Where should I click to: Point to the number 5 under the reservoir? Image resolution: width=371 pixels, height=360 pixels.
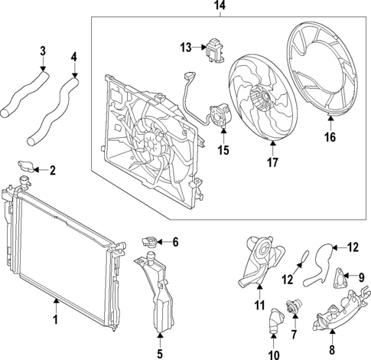point(160,354)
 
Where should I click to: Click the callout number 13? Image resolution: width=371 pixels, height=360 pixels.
point(184,47)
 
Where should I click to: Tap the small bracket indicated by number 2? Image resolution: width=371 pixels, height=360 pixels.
point(27,168)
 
